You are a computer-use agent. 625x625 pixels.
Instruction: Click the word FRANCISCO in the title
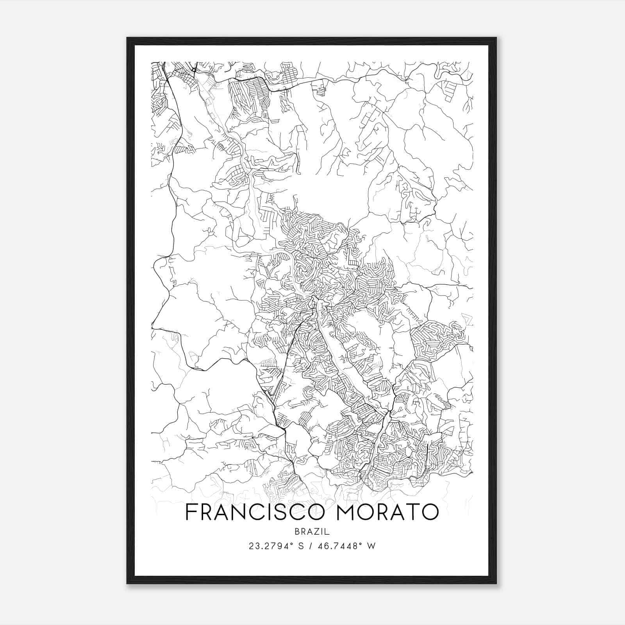(255, 512)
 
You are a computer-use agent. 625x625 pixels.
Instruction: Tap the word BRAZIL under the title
(312, 532)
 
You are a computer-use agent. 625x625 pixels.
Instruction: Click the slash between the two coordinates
(311, 546)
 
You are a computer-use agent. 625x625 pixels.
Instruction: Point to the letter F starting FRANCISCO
(191, 512)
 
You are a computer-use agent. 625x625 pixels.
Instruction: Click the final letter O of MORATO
(430, 512)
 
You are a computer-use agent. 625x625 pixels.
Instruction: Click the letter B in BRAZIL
(297, 532)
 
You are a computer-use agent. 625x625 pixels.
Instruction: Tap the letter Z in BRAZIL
(315, 532)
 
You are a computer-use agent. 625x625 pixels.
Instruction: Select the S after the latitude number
(301, 546)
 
